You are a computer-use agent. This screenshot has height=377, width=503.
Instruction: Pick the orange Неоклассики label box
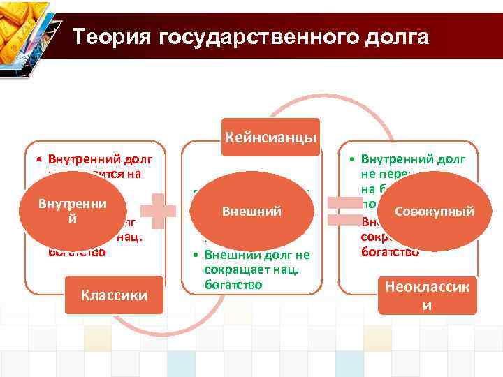426,295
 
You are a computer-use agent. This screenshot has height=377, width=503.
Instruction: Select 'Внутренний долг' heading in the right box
414,159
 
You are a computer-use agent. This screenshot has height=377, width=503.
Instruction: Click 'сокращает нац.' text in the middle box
242,269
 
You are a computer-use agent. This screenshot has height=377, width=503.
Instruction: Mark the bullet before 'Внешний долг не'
196,254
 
